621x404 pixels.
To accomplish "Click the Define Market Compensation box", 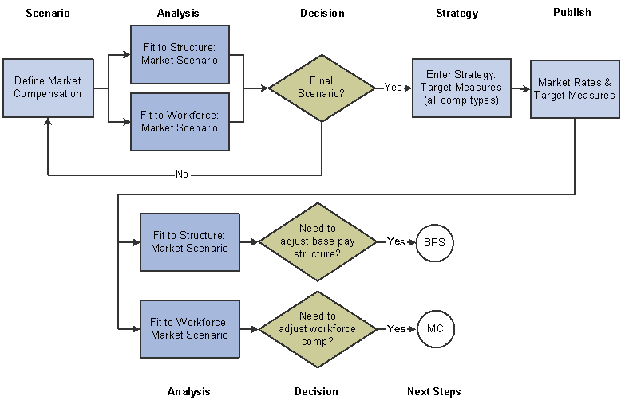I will coord(48,88).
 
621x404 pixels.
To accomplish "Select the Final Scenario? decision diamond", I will coord(321,88).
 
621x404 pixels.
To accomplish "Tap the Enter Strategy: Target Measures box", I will coord(461,88).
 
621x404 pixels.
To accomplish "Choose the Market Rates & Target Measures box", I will coord(575,88).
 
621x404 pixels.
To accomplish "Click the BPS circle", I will coord(434,241).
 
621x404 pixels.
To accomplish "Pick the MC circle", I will coord(434,328).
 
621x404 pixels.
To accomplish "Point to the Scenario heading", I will coord(48,13).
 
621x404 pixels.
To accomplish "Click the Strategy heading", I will coord(457,13).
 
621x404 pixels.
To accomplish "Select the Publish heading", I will coord(572,12).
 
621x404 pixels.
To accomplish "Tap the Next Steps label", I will coord(434,391).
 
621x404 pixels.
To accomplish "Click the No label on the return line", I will coord(182,175).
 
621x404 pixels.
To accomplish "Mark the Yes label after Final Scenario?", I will coord(394,88).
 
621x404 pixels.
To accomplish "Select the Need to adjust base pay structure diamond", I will coord(318,241).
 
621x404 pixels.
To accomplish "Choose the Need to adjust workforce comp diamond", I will coord(318,328).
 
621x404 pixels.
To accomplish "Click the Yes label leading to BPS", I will coord(396,241).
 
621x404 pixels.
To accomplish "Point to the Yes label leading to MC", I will coord(396,328).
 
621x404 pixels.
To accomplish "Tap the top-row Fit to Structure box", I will coord(179,53).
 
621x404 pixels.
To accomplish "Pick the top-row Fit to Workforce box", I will coord(179,121).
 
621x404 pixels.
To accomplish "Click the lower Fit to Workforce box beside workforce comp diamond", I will coord(189,328).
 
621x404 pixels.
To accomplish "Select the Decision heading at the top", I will coord(322,13).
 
